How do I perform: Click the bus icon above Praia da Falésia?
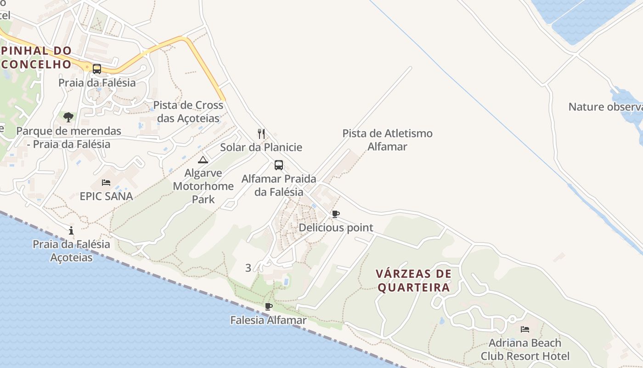(x=97, y=69)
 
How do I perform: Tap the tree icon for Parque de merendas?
(x=68, y=117)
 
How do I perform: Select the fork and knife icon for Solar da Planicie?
(x=261, y=134)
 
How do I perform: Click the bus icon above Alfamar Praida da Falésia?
(x=279, y=165)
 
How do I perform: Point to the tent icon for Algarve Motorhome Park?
(x=203, y=160)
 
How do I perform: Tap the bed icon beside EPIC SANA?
(x=106, y=183)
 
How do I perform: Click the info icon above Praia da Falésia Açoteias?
(x=71, y=230)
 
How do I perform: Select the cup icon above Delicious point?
(x=336, y=214)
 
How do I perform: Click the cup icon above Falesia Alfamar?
(x=269, y=306)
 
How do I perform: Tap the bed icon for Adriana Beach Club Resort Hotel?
(x=525, y=329)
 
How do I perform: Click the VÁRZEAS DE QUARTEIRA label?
(x=413, y=281)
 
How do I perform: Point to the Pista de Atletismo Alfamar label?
(x=387, y=140)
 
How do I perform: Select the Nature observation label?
(x=605, y=107)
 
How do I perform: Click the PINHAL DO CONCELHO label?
(x=37, y=57)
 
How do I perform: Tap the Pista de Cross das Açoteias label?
(x=188, y=112)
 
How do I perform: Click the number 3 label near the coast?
(x=248, y=268)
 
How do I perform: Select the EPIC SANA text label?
(x=106, y=196)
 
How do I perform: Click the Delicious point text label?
(x=336, y=228)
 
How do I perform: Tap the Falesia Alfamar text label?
(x=268, y=320)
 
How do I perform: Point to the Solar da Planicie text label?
(x=261, y=147)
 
